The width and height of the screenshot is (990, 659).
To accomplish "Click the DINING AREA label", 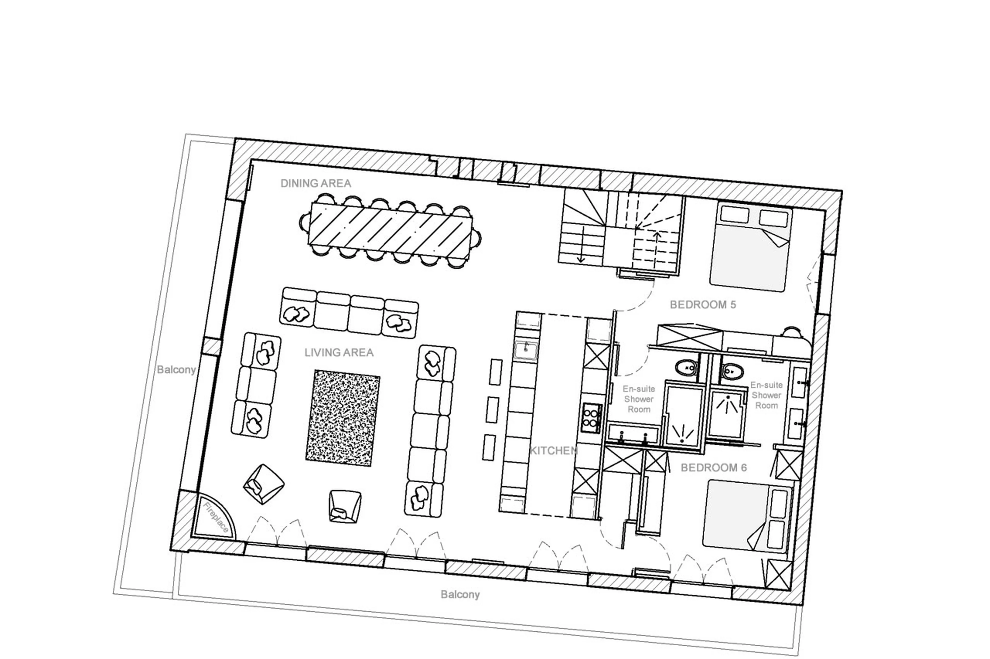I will [x=316, y=183].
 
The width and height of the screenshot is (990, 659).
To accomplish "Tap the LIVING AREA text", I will [x=339, y=352].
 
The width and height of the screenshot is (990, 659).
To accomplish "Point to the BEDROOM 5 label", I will [x=703, y=305].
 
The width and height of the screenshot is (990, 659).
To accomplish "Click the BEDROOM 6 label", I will [x=714, y=467].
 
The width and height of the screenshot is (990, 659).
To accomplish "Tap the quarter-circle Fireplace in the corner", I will [x=213, y=518].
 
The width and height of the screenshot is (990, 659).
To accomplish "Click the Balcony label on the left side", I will [x=176, y=370].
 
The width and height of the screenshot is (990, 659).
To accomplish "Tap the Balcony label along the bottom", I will [x=460, y=594].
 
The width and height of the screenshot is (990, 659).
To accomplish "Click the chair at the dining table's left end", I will [x=305, y=221].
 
